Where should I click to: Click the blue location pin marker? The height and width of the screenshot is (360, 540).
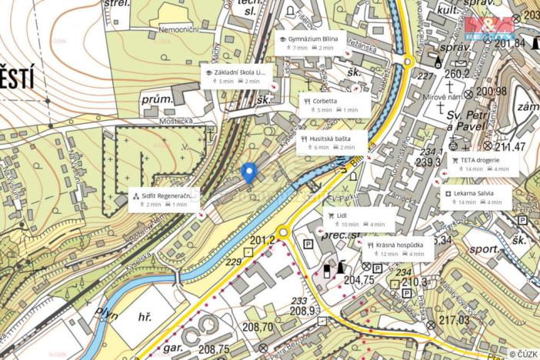(248, 172)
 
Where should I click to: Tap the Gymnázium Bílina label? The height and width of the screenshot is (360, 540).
(312, 42)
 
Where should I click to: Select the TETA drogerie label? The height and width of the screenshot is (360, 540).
(484, 164)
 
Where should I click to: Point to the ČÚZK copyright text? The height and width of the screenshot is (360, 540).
(522, 353)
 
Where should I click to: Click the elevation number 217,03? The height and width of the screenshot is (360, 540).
(453, 320)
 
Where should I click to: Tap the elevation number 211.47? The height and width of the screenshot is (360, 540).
(509, 147)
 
